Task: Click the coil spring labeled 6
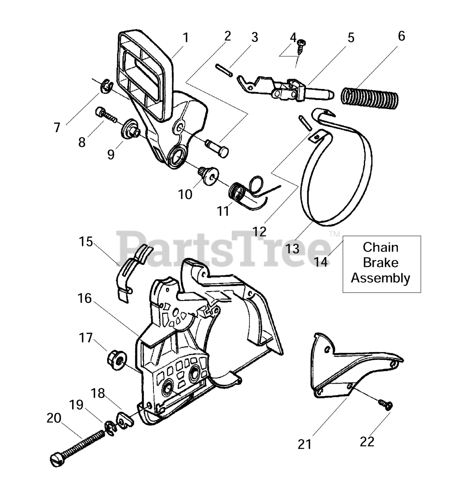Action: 370,98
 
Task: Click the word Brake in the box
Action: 381,263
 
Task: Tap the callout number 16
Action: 85,299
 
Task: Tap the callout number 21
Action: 305,444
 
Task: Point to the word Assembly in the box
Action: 380,278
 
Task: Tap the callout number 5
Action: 351,38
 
